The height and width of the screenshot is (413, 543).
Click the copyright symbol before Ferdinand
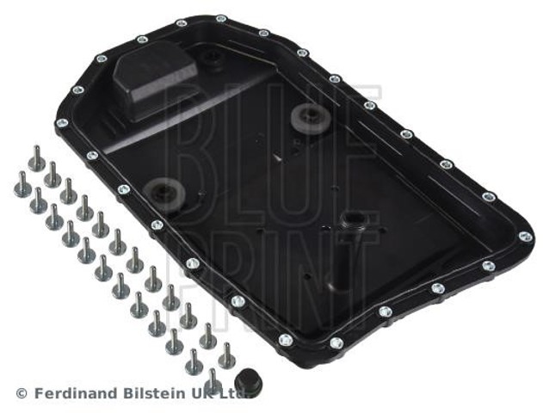[x=22, y=393]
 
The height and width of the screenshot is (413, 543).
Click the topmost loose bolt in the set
[x=35, y=158]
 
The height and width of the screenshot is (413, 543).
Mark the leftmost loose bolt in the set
[x=22, y=184]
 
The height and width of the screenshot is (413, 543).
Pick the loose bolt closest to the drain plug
[x=213, y=378]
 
